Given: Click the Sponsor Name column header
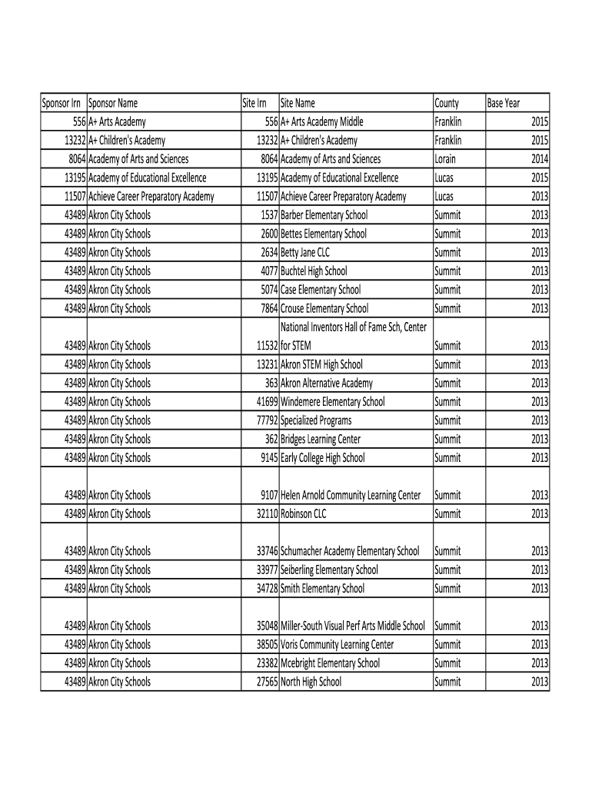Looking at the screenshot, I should point(113,103).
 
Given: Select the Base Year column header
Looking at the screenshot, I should point(503,103).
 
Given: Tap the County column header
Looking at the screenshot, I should point(447,103).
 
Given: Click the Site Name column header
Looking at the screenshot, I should point(298,103).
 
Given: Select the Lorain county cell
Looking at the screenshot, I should point(445,159).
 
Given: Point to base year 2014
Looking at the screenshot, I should point(540,159).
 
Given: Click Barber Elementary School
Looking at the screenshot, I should point(324,215).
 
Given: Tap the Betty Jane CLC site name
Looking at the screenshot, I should point(305,252).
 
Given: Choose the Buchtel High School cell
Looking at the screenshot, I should point(314,271).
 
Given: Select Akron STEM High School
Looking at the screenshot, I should point(321,364).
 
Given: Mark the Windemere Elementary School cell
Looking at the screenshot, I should point(332,402).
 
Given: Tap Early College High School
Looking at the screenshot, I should point(322,458).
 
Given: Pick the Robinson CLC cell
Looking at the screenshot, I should point(304,514).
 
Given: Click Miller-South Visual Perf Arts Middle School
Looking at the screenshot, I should point(352,626).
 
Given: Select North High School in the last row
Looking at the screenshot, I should point(311,682).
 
